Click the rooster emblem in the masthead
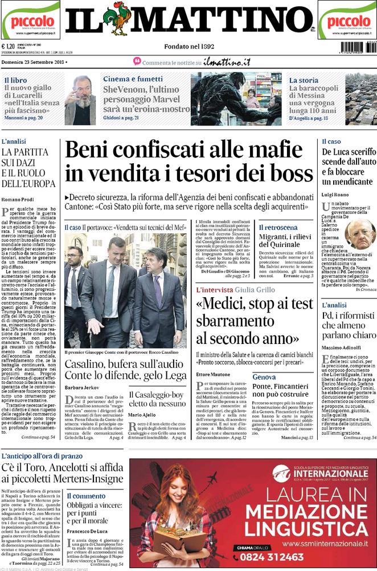(x=120, y=19)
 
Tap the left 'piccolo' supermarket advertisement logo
(x=30, y=21)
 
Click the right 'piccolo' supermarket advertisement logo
(x=347, y=21)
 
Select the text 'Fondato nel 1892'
(x=188, y=47)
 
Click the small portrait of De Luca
(x=359, y=234)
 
